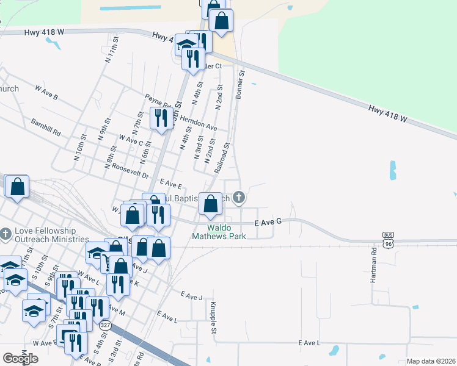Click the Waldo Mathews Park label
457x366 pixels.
pyautogui.click(x=219, y=231)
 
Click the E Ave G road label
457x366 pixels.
pyautogui.click(x=268, y=222)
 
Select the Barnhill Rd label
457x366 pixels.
pyautogui.click(x=46, y=127)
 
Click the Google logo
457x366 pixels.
pyautogui.click(x=20, y=358)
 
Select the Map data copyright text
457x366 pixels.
pyautogui.click(x=431, y=361)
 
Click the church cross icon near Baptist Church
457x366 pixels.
pyautogui.click(x=239, y=197)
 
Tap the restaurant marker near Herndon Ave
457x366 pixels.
pyautogui.click(x=161, y=118)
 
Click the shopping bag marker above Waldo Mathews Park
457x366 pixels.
pyautogui.click(x=211, y=204)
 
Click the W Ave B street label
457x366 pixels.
pyautogui.click(x=46, y=93)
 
